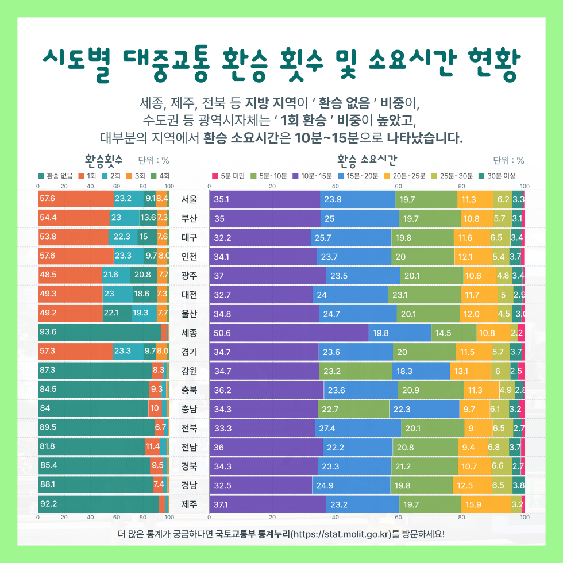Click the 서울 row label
(x=189, y=200)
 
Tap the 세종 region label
(x=189, y=333)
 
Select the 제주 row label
(x=189, y=504)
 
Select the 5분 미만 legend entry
(x=230, y=175)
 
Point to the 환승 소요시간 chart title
(x=368, y=159)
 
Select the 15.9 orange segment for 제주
(x=486, y=504)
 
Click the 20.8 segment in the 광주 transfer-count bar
(x=143, y=276)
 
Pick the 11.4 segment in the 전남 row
(x=153, y=447)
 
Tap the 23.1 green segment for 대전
(x=425, y=295)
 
